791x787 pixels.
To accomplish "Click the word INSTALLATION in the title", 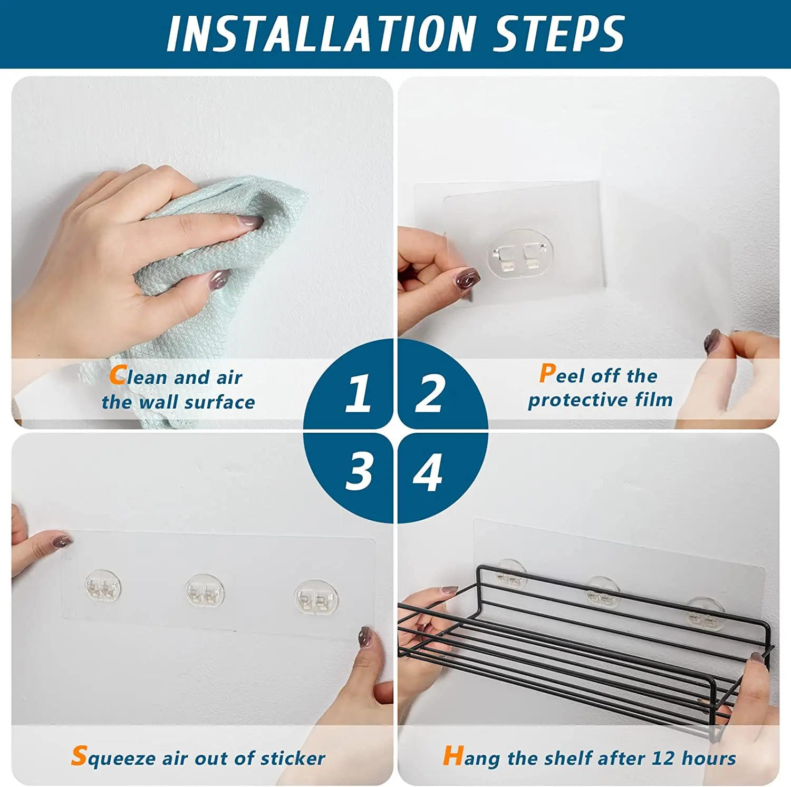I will click(x=321, y=34).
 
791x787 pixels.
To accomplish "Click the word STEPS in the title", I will click(x=558, y=34).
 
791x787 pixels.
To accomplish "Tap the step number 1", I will click(x=358, y=393).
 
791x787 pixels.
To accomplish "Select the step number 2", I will click(x=430, y=393).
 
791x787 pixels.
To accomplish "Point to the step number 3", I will click(x=359, y=472).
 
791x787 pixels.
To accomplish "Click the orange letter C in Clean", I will click(x=117, y=375).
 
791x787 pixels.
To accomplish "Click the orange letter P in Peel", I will click(x=547, y=374).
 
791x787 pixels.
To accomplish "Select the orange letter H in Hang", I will click(x=452, y=756).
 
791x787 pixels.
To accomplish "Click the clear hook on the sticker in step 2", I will click(x=520, y=256).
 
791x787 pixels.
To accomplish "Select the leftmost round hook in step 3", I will click(x=103, y=587).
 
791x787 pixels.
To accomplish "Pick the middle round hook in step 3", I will click(x=205, y=591).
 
